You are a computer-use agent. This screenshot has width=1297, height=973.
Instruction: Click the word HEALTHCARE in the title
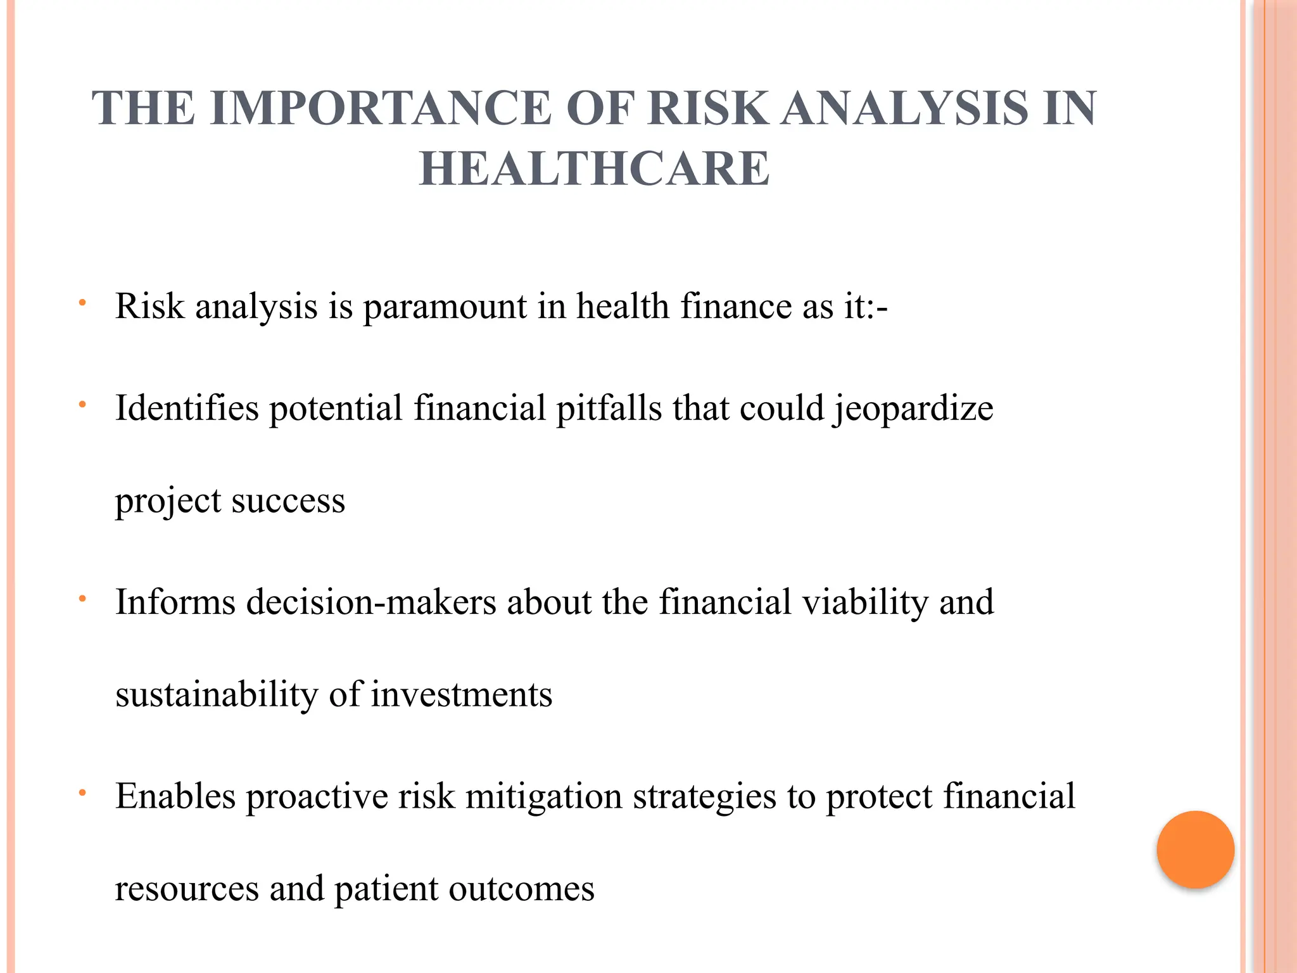pos(594,169)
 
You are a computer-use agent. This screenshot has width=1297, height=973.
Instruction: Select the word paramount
pos(445,308)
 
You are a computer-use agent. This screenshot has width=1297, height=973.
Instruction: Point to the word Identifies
pos(187,408)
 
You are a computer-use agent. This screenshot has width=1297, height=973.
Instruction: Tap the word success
pos(288,501)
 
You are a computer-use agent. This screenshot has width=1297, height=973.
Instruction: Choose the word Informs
pos(175,602)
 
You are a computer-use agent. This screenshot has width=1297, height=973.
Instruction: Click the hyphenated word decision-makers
pos(371,602)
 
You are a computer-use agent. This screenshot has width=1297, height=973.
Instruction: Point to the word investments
pos(461,695)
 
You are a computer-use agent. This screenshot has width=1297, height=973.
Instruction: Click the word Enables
pos(175,796)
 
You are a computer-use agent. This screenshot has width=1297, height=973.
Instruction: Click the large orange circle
pos(1195,849)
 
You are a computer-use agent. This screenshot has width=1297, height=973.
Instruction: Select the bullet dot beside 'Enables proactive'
pos(82,792)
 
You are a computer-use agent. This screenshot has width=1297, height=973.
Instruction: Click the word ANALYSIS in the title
pos(904,108)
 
